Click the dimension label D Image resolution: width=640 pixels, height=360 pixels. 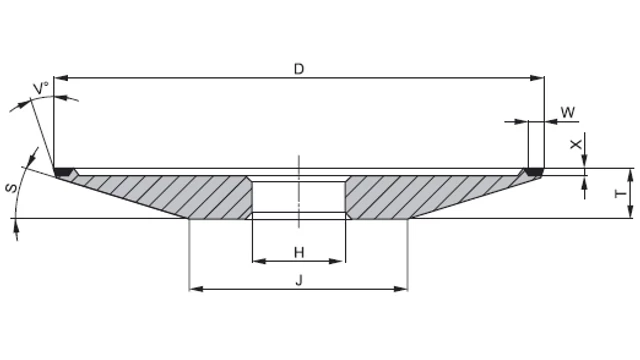(x=299, y=69)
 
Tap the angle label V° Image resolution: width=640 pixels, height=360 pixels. (x=41, y=88)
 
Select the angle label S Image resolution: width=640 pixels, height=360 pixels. (x=12, y=188)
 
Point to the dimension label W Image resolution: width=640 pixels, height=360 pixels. (x=568, y=112)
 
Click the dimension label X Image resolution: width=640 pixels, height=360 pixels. (x=576, y=144)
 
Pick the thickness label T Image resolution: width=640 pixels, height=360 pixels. (x=620, y=193)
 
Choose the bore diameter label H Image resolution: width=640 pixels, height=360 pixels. (x=299, y=252)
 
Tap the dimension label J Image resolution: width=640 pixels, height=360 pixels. (x=299, y=280)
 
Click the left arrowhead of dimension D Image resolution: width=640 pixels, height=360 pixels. (x=60, y=78)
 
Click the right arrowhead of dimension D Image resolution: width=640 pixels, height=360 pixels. (x=537, y=78)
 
